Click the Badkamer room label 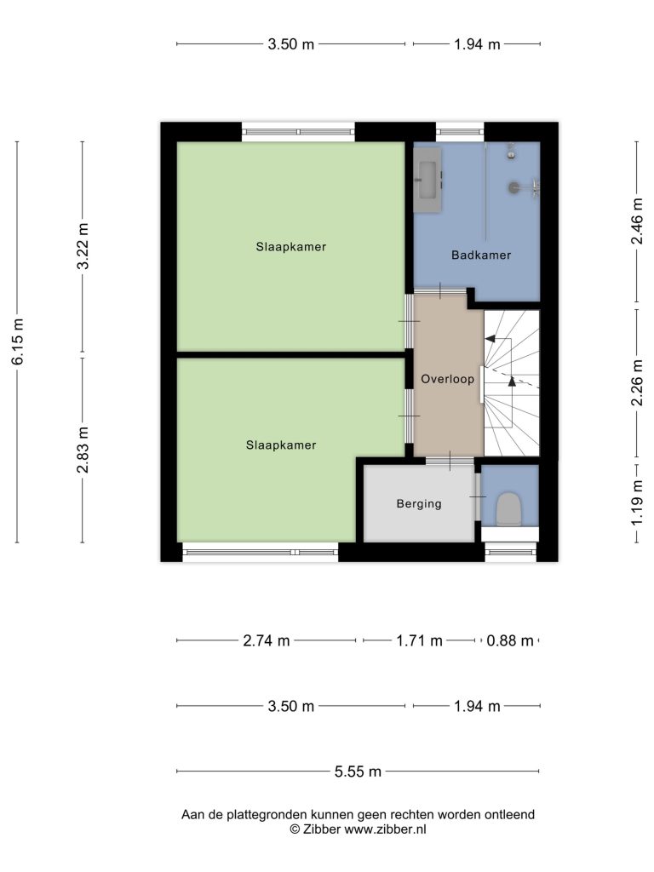481,255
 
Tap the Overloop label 448,379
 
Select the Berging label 419,504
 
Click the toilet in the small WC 509,509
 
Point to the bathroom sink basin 428,180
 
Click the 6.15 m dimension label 19,342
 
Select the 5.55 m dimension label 359,772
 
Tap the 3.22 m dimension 83,246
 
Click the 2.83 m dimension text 83,450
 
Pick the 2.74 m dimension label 267,640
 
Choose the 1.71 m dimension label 419,640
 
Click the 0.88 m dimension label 510,640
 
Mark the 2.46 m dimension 637,221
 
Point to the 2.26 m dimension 637,382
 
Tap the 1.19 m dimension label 637,502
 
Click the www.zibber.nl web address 386,829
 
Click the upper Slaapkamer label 291,247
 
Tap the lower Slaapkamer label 281,445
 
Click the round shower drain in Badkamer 513,188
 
